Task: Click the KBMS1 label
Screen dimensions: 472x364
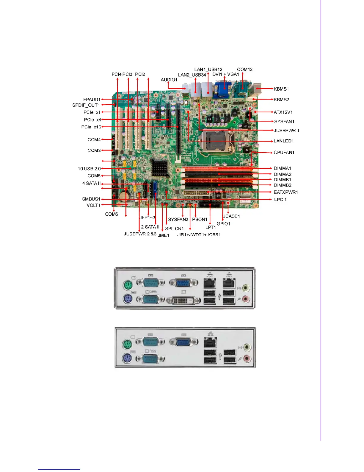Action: pos(281,89)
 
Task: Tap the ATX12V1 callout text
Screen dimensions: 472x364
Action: pos(283,112)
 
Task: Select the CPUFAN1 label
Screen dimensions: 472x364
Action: pos(284,152)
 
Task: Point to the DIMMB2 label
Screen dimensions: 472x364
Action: pos(283,185)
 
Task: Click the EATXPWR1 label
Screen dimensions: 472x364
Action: pos(286,192)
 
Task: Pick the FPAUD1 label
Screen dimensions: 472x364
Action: pos(92,100)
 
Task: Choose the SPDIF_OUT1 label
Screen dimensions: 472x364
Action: pos(86,105)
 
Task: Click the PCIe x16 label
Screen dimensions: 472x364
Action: pos(91,127)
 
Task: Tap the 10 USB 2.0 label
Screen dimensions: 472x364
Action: pos(89,169)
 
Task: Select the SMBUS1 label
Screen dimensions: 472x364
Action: pos(91,199)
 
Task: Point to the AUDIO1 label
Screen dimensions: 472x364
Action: pos(169,80)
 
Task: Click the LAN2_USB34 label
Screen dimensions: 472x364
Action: pos(192,75)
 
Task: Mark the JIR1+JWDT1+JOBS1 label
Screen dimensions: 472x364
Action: pos(199,235)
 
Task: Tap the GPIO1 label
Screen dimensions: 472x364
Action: pos(223,224)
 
